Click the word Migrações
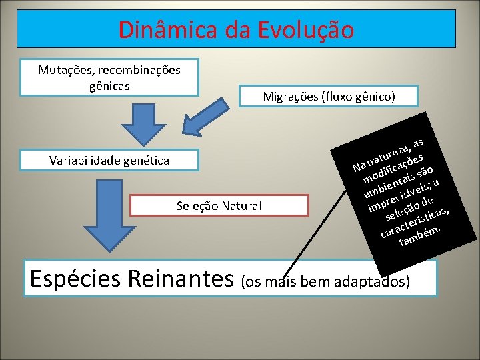(290, 97)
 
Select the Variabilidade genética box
(109, 160)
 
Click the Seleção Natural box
(219, 205)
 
